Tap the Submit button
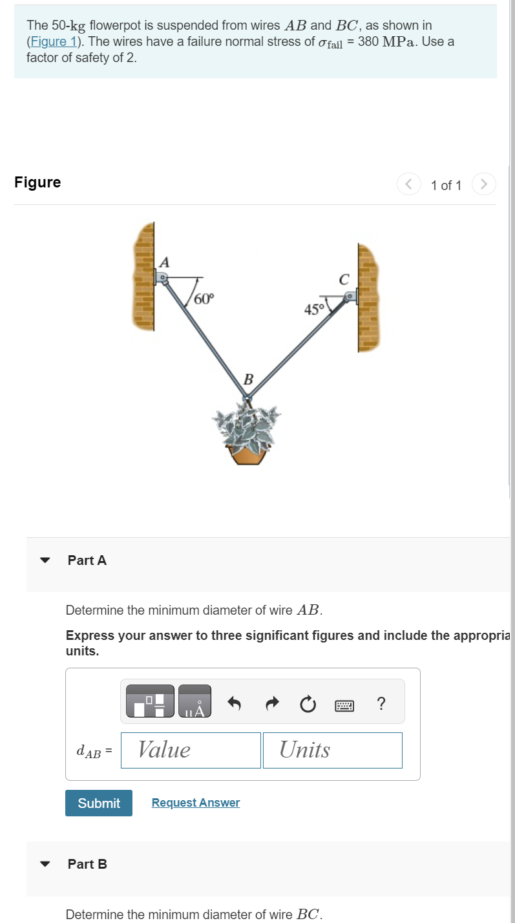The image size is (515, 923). tap(99, 803)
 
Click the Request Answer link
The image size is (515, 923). tap(195, 803)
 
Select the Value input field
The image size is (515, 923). tap(191, 750)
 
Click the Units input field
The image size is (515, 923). tap(332, 750)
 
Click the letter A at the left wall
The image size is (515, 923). tap(165, 262)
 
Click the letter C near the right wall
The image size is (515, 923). tap(344, 280)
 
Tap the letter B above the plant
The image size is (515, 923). tap(248, 379)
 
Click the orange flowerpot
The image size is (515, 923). tap(249, 454)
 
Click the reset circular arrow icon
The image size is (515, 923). tap(308, 703)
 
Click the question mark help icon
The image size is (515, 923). tap(381, 703)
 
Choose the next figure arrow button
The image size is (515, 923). tap(484, 185)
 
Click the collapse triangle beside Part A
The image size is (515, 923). tap(45, 560)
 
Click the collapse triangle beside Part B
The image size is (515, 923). tap(45, 864)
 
